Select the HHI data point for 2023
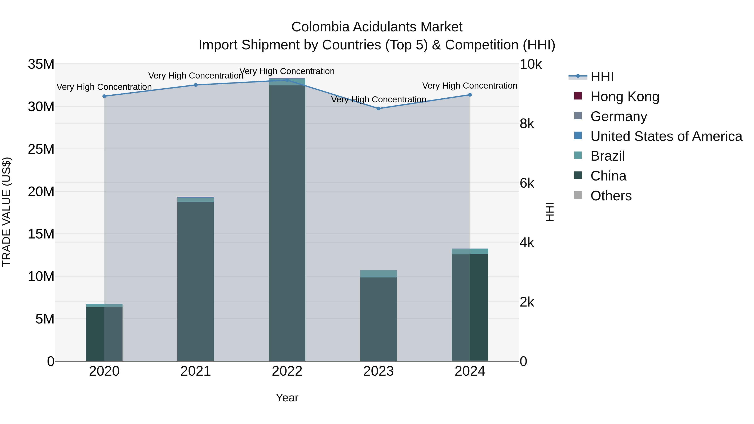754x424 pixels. (378, 108)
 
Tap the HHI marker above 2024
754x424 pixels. (470, 95)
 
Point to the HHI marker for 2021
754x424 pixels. (196, 85)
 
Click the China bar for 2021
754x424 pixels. (196, 281)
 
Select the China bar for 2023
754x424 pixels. (378, 319)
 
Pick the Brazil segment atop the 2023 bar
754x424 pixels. (378, 274)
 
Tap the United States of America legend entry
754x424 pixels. (666, 136)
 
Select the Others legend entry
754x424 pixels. (611, 196)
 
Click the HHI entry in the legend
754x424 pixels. (602, 77)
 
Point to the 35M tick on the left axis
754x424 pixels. (41, 64)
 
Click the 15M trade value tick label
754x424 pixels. (41, 234)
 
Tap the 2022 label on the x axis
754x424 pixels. (287, 371)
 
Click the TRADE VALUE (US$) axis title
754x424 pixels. (6, 212)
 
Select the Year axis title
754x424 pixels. (287, 398)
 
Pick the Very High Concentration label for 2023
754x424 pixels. (378, 99)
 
